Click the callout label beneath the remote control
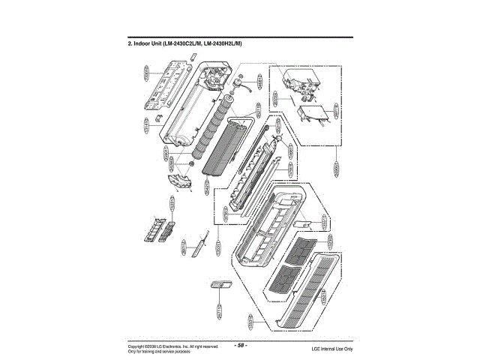coord(219,310)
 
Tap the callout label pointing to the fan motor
coord(260,80)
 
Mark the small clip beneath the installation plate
coord(159,117)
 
